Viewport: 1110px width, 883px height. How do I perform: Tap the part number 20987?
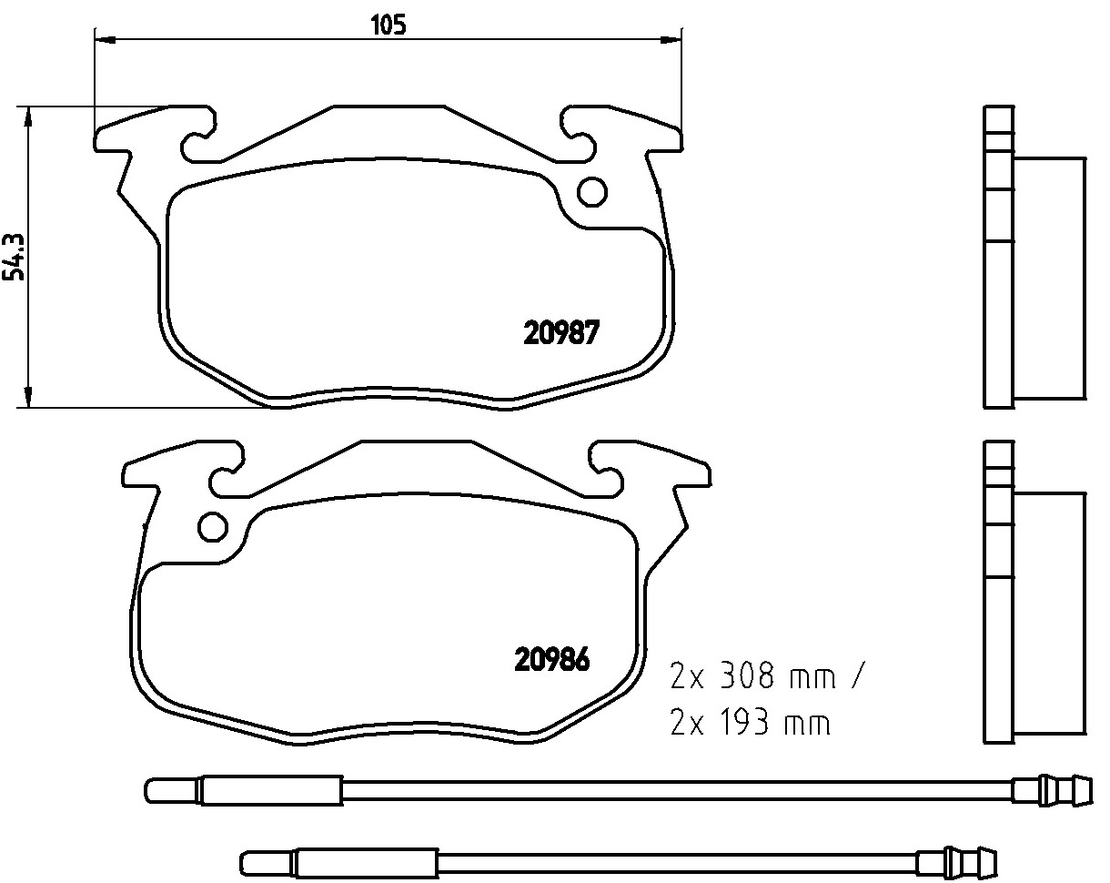(x=560, y=334)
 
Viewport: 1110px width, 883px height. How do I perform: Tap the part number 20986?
(x=553, y=658)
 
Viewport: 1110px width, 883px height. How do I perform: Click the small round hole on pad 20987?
(x=592, y=191)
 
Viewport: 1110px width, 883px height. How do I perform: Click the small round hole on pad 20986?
(x=213, y=527)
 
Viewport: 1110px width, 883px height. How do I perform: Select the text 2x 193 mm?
(x=751, y=724)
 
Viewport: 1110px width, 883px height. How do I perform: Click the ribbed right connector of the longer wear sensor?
(x=1055, y=788)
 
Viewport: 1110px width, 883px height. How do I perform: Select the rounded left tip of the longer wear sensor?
(x=153, y=788)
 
